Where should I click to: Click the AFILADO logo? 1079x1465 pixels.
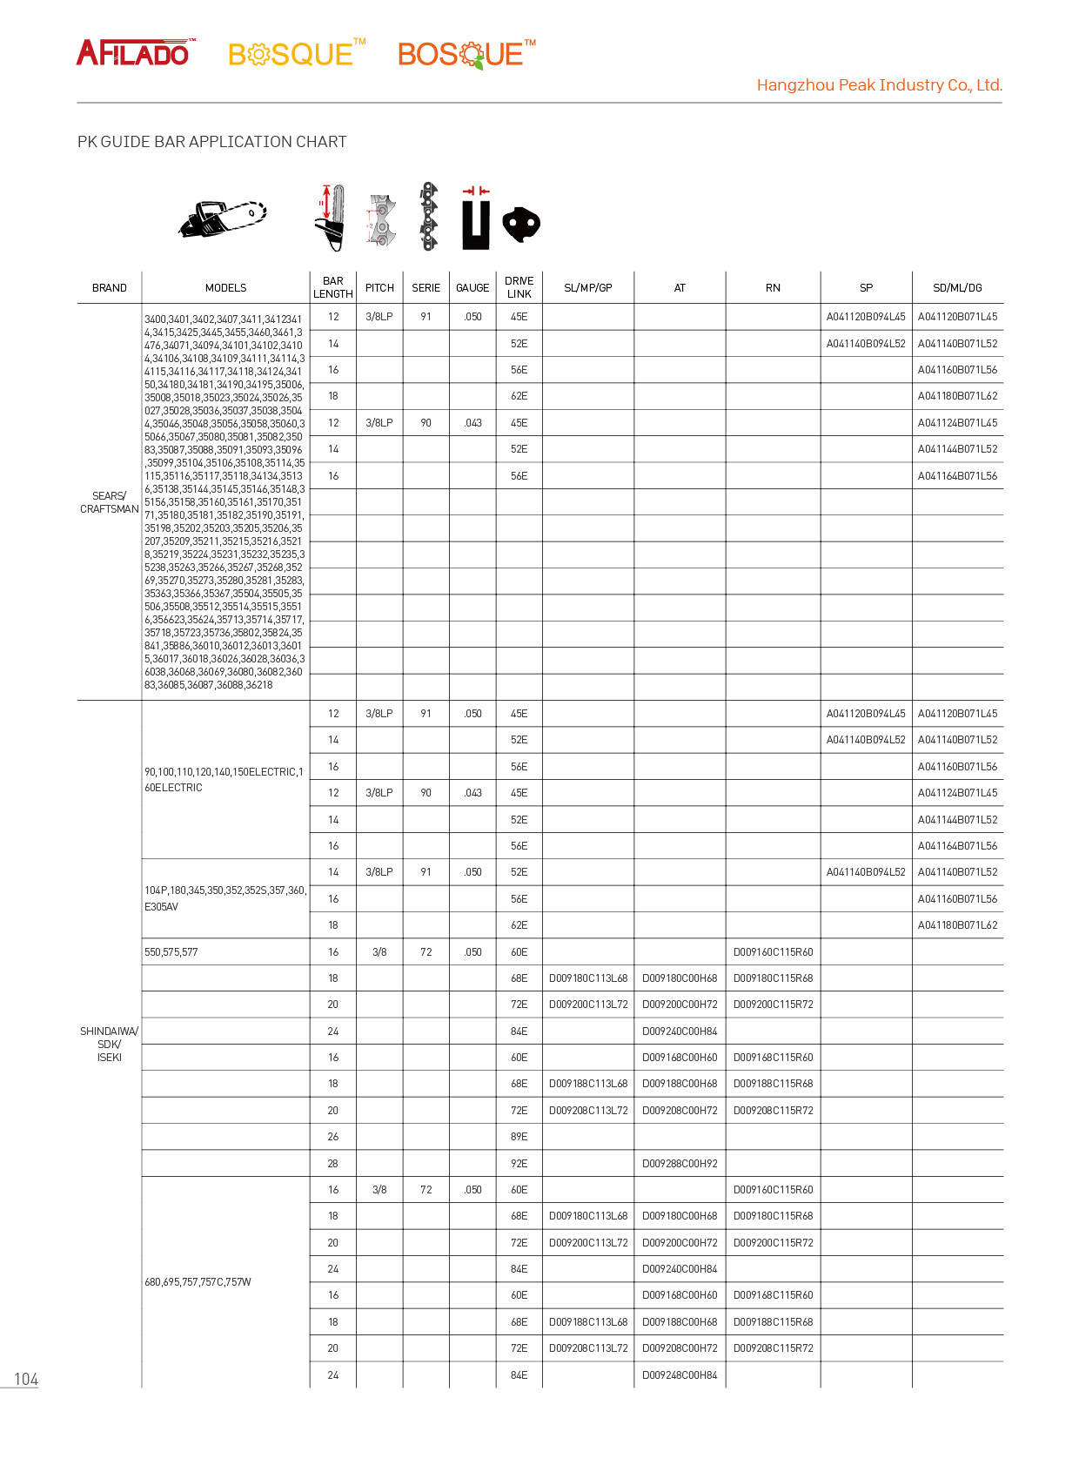click(x=135, y=53)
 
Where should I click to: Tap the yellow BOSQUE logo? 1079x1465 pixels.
click(x=295, y=54)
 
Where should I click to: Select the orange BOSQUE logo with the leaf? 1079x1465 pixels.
click(x=466, y=54)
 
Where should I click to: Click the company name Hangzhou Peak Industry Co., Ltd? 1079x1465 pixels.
click(x=879, y=85)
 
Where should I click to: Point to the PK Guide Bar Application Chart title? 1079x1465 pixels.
click(x=211, y=142)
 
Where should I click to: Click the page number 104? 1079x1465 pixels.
click(x=26, y=1379)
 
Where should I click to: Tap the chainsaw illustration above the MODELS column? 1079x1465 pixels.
click(x=223, y=218)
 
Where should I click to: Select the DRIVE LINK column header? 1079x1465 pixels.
click(x=519, y=287)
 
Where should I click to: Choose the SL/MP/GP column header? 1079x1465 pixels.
click(x=588, y=288)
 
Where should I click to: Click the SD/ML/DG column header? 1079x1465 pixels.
click(x=957, y=288)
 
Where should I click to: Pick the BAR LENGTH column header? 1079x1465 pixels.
click(x=333, y=287)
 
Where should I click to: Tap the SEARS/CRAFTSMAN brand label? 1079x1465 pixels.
click(x=110, y=502)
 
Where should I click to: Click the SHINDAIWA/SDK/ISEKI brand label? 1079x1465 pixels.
click(x=110, y=1044)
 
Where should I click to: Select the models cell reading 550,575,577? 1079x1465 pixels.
click(x=171, y=952)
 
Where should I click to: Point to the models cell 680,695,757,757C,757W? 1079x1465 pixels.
click(x=198, y=1282)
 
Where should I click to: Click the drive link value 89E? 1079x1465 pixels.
click(x=519, y=1137)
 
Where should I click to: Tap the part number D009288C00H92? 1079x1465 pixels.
click(x=680, y=1163)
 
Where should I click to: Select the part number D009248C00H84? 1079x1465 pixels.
click(x=680, y=1375)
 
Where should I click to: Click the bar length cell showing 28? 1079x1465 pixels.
click(x=333, y=1163)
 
